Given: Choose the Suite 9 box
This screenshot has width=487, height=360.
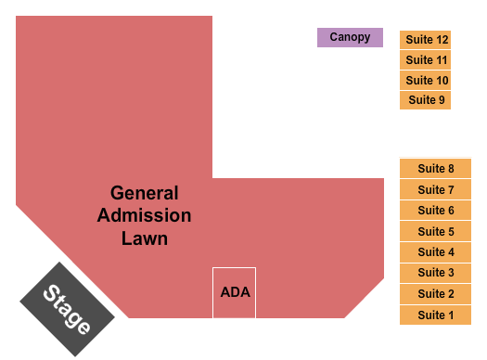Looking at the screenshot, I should click(426, 100).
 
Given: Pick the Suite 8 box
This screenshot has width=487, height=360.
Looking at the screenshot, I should click(436, 169).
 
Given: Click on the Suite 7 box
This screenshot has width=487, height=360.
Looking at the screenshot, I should click(436, 190).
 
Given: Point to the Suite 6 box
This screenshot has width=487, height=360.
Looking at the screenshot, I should click(436, 211).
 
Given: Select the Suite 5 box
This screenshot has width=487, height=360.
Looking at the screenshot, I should click(436, 232).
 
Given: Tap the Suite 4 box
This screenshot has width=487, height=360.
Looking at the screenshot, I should click(436, 252).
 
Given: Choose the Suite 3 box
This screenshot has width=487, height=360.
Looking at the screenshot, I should click(436, 273).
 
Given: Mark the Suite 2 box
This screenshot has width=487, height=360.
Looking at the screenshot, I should click(436, 294).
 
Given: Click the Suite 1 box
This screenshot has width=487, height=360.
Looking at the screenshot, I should click(436, 315).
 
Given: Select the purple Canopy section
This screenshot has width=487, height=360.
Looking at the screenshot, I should click(350, 38).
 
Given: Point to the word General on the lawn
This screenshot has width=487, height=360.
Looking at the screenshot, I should click(145, 194).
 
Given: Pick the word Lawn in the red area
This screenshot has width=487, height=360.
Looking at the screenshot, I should click(145, 238).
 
